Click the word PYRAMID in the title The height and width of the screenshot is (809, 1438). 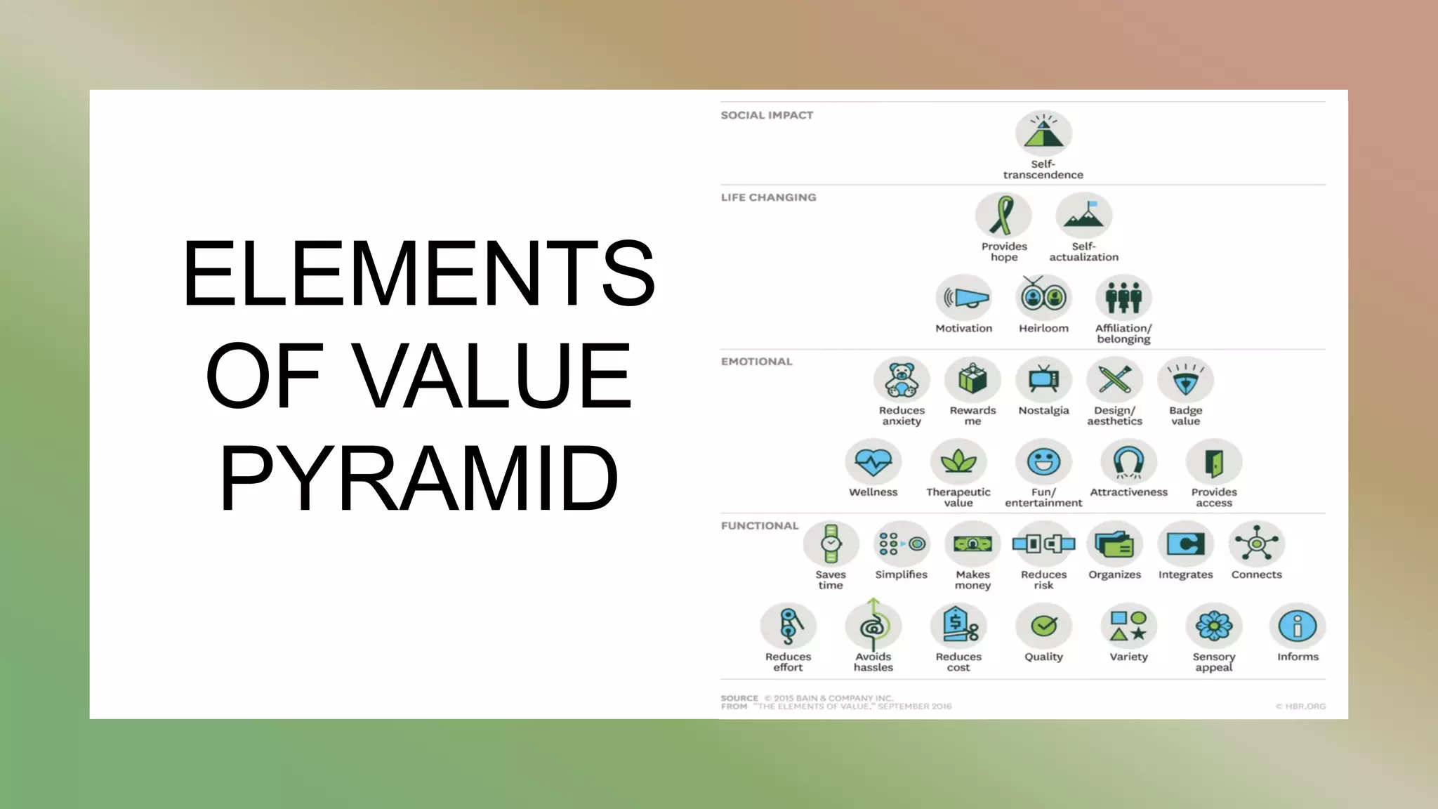pos(419,479)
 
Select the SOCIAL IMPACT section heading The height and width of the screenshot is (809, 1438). pos(767,115)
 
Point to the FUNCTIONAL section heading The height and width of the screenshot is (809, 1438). pos(760,526)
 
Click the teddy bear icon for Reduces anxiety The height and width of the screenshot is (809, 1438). pos(902,380)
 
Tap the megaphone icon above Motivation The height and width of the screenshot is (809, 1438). pos(964,298)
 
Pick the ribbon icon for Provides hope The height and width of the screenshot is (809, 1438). pos(1003,216)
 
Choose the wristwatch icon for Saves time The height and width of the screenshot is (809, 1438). pos(831,544)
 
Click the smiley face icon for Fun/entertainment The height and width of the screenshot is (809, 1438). pos(1043,462)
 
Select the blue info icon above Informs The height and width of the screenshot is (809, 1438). pos(1298,626)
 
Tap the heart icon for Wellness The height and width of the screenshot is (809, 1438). pos(873,462)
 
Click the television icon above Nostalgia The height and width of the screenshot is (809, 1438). pos(1043,380)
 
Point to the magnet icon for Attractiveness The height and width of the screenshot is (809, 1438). pos(1129,462)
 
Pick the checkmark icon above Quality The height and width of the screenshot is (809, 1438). pos(1043,626)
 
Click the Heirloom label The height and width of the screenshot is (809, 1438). pos(1043,329)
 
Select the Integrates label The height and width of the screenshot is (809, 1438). pos(1185,575)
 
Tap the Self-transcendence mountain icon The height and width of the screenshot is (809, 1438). pos(1043,133)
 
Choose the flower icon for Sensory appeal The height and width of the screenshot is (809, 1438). pos(1214,626)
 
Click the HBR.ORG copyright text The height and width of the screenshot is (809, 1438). pos(1300,706)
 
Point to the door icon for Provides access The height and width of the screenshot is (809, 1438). pos(1214,462)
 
